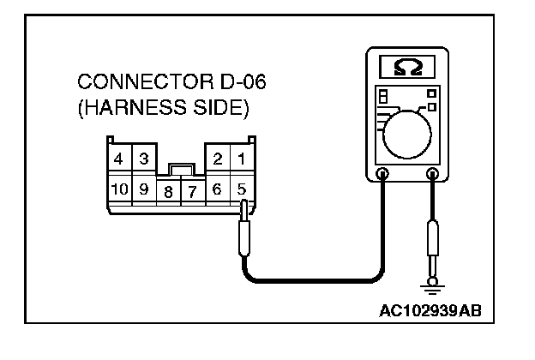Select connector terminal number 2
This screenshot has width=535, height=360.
click(218, 159)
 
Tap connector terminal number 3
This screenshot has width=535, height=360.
click(143, 159)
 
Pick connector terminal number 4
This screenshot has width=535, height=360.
click(117, 159)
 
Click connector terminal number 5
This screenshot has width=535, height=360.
click(243, 189)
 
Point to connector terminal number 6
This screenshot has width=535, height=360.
click(218, 189)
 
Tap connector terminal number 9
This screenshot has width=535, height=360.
click(143, 189)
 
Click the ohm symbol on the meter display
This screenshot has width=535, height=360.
click(407, 66)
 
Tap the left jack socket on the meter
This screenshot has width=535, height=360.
click(382, 176)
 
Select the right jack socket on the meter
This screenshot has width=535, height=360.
click(432, 176)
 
